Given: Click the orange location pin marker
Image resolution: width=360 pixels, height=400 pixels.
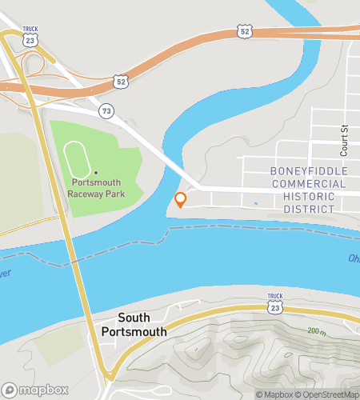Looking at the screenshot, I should [181, 199].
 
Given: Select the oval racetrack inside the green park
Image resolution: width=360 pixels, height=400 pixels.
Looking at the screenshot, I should [76, 160].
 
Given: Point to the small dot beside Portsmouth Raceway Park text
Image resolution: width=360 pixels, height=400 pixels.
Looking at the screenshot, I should [95, 172].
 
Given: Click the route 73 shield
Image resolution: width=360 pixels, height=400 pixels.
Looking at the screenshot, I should [106, 110].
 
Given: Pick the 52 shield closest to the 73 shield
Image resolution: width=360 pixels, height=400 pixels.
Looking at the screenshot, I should [120, 82].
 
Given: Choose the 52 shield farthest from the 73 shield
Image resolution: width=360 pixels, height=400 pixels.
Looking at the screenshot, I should [244, 31].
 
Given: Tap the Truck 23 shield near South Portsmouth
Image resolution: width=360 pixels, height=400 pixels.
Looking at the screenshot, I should [274, 302].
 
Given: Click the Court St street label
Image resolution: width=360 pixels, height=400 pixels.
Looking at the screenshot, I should [345, 140].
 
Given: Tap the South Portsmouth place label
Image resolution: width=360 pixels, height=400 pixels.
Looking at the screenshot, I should [134, 325].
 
